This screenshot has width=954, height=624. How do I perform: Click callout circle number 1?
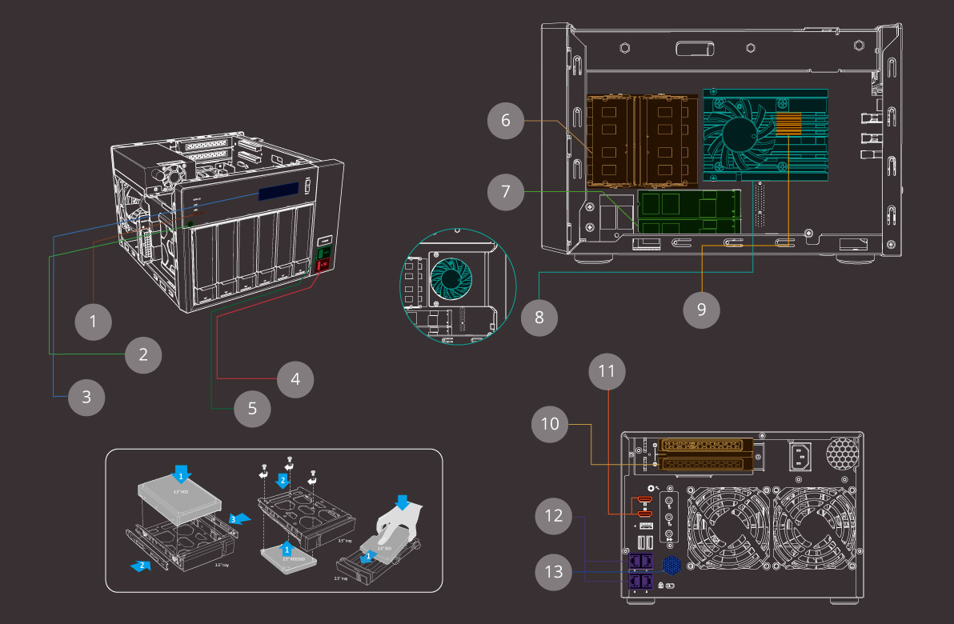click(94, 322)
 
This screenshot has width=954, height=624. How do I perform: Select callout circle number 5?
click(252, 407)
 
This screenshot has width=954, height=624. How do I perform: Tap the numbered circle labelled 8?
click(539, 317)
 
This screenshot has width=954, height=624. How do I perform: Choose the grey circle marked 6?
click(506, 121)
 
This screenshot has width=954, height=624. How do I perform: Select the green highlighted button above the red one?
click(325, 254)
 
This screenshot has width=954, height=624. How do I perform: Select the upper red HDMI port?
click(643, 502)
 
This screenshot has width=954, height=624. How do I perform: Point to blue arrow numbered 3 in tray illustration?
click(238, 518)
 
